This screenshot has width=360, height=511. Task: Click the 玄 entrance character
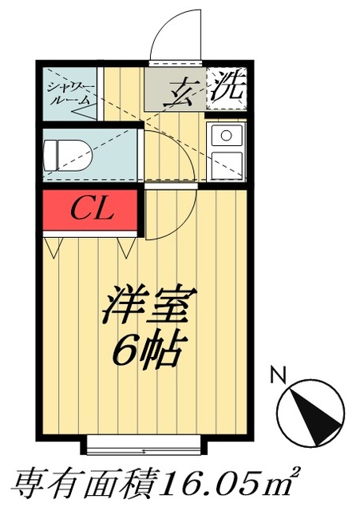(x=184, y=89)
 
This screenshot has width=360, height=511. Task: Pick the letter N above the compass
(x=278, y=373)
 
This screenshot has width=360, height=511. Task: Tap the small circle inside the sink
(x=226, y=134)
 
